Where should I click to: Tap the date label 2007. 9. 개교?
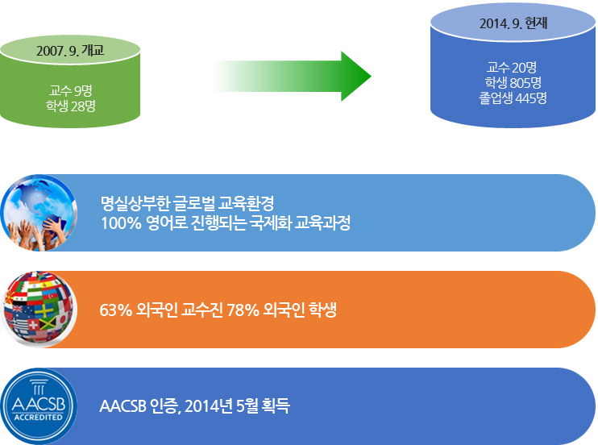click(70, 50)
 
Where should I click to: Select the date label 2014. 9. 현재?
click(513, 23)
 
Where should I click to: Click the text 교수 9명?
click(71, 90)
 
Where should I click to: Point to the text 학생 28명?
click(71, 106)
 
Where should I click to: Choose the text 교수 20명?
click(512, 68)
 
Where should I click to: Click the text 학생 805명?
click(513, 82)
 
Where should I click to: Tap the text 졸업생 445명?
click(513, 98)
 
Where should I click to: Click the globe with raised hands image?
click(39, 213)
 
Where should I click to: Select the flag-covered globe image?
click(39, 309)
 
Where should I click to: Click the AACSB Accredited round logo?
click(39, 406)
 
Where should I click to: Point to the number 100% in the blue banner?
click(121, 222)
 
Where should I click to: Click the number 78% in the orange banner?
click(243, 310)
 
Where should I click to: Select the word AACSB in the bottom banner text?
click(123, 406)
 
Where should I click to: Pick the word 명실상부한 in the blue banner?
click(135, 203)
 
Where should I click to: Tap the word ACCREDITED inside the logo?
click(38, 417)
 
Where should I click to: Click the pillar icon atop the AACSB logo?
click(39, 387)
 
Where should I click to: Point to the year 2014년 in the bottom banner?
click(209, 405)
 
